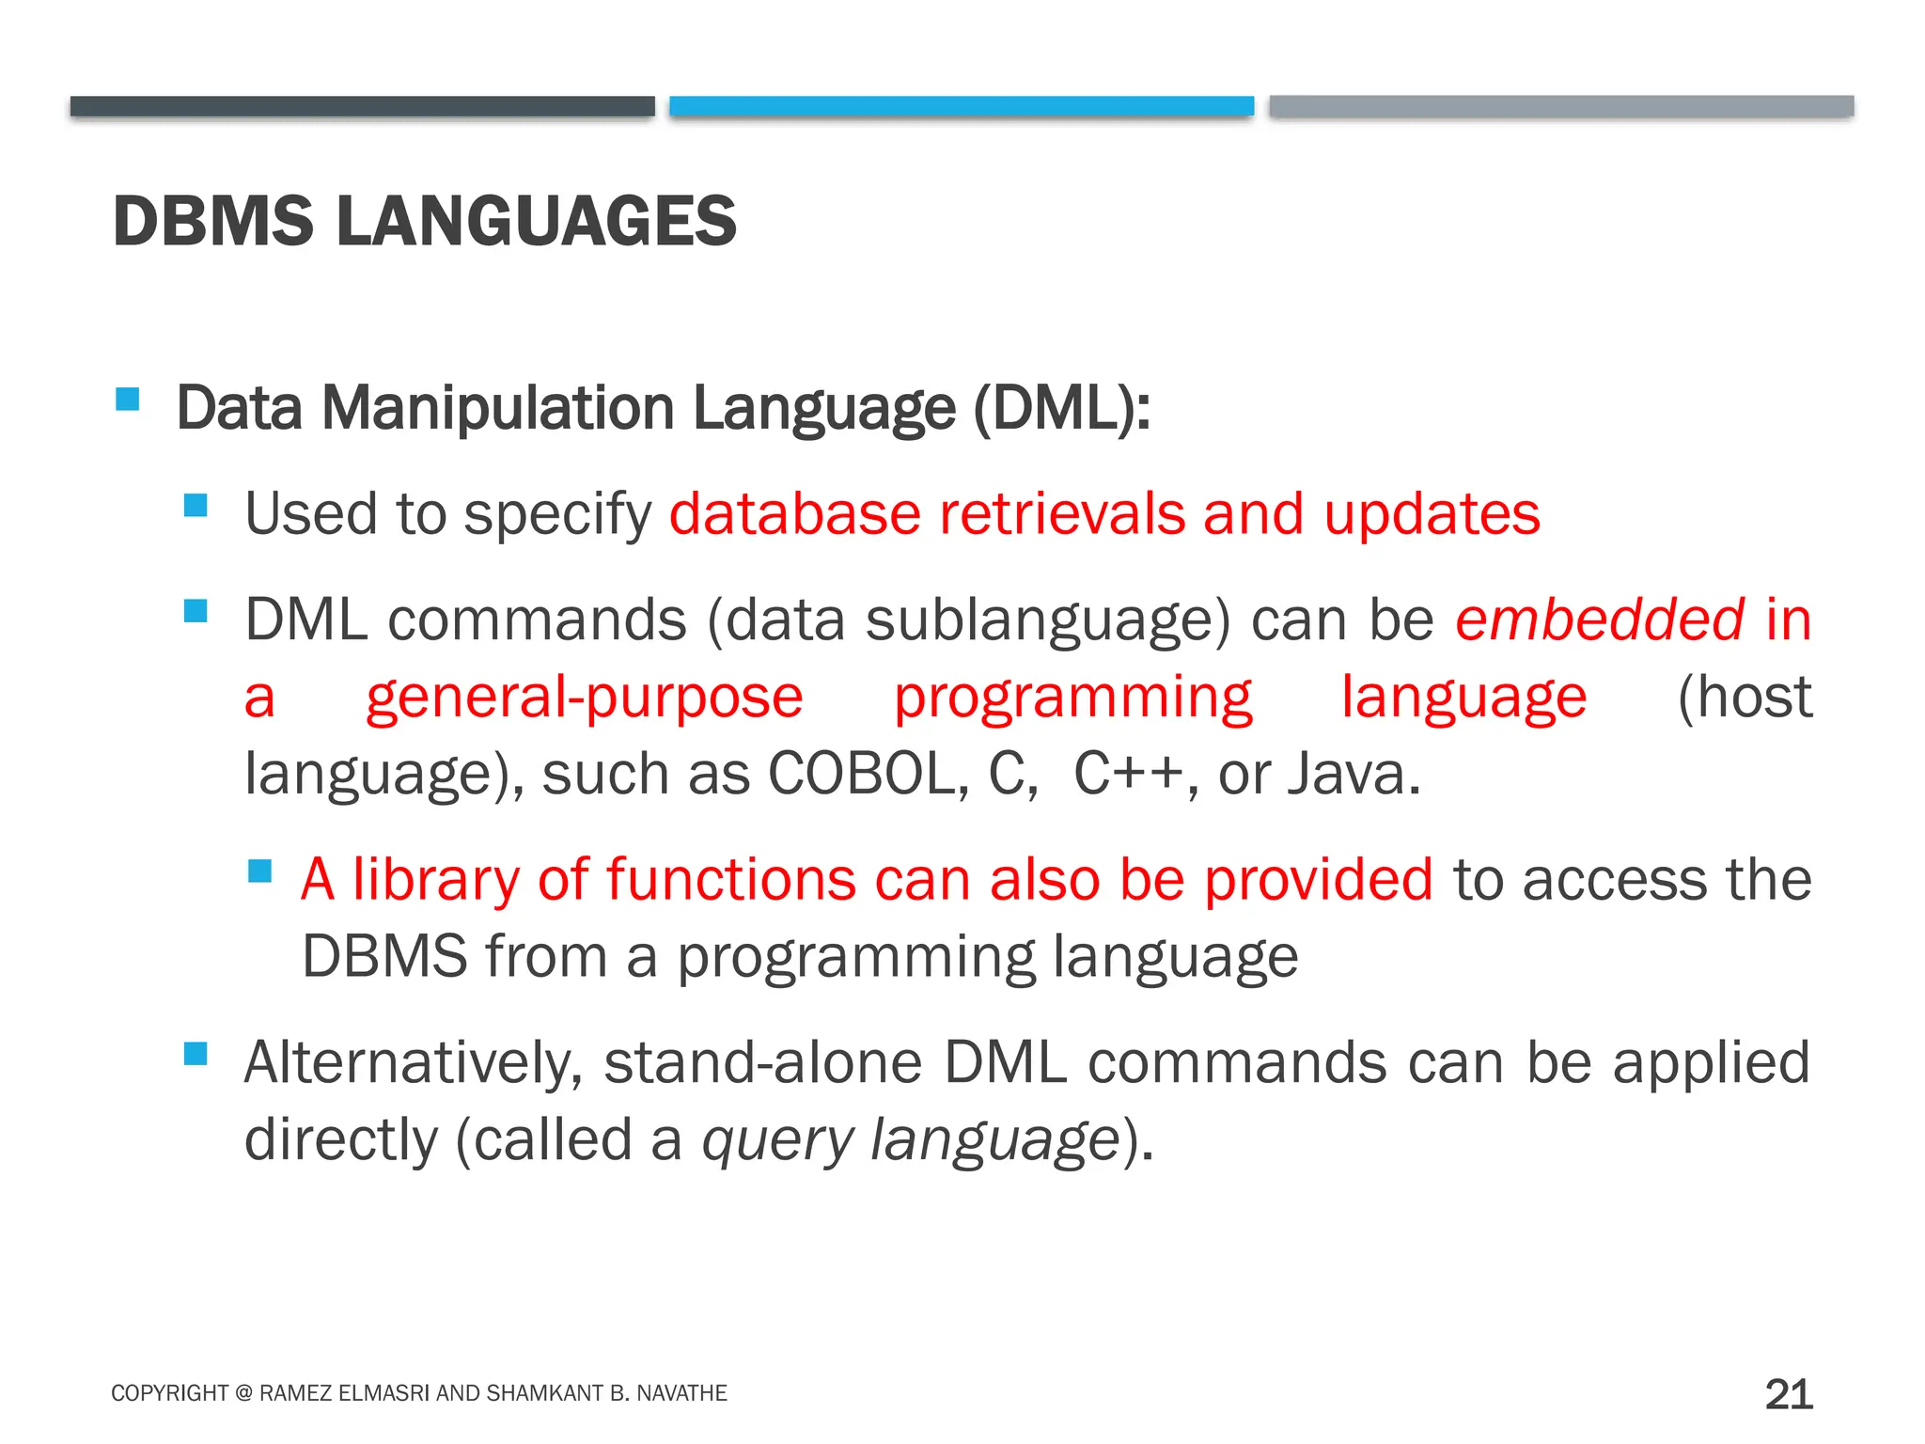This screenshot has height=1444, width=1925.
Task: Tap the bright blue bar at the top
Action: (x=961, y=106)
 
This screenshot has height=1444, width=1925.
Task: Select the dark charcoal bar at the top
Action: (x=362, y=106)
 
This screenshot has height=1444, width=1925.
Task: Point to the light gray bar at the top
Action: (x=1560, y=106)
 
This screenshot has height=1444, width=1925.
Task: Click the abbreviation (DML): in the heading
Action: (x=1061, y=409)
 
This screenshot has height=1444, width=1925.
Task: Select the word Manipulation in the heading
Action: (x=498, y=409)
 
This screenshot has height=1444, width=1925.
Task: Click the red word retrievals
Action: (x=1062, y=514)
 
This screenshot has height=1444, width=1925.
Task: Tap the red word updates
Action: (x=1432, y=516)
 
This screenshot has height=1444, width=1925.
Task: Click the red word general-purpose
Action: (x=584, y=699)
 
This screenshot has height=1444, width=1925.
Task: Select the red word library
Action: (x=435, y=881)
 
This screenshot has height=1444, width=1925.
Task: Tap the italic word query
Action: (x=777, y=1140)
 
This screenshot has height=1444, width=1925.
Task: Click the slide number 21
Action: (x=1788, y=1394)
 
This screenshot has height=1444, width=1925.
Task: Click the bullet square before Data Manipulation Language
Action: (x=128, y=400)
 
